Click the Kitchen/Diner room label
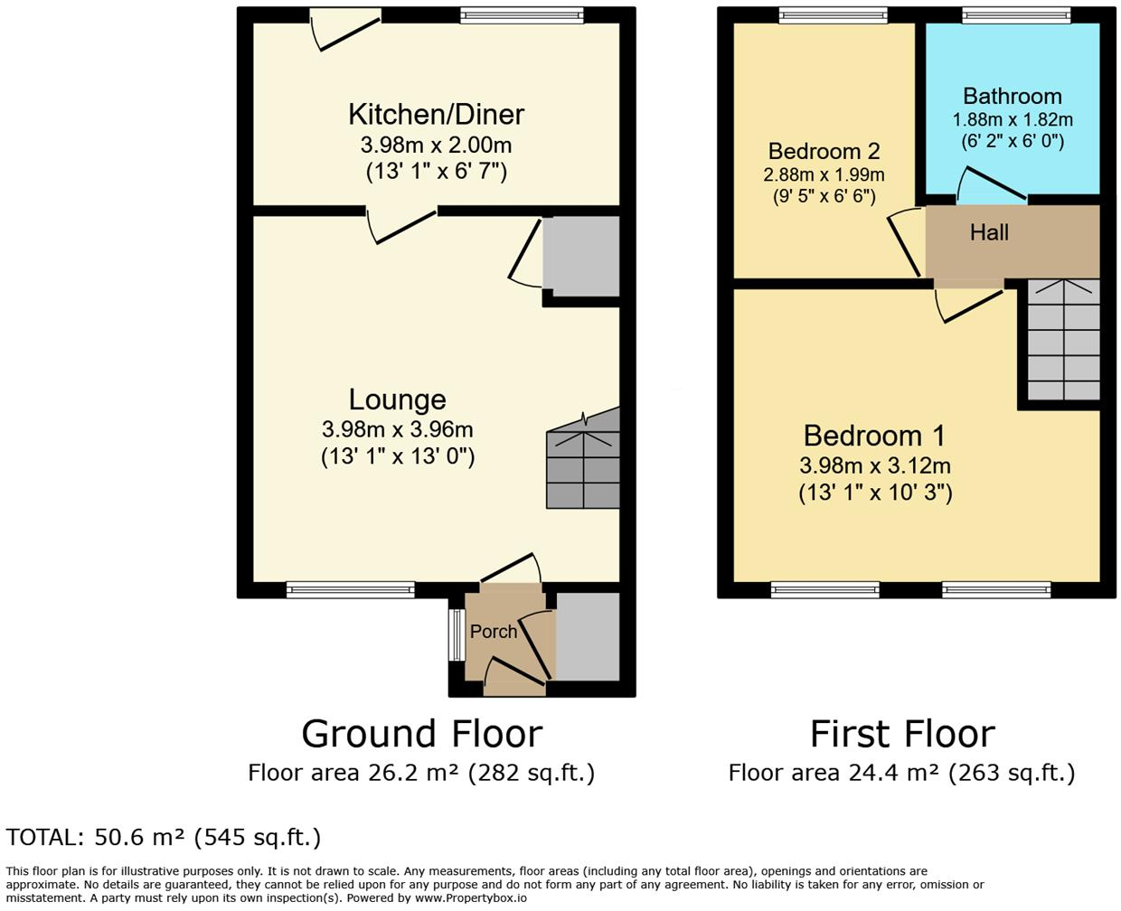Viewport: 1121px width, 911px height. [x=436, y=115]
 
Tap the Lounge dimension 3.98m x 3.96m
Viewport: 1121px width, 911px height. [x=397, y=429]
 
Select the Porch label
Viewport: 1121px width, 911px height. [x=494, y=631]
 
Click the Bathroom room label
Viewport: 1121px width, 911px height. [x=1012, y=96]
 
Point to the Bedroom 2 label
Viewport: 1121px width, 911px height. [x=824, y=151]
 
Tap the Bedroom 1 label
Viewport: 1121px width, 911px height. [x=874, y=436]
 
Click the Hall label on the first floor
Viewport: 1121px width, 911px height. [x=989, y=233]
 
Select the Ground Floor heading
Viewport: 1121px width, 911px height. [x=421, y=734]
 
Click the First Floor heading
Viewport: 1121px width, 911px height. [x=902, y=734]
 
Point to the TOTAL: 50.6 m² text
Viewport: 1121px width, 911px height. [x=164, y=837]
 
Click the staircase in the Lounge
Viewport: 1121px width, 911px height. [x=583, y=461]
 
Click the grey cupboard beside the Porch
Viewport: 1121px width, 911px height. [x=588, y=636]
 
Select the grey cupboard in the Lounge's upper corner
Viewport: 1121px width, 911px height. [x=581, y=256]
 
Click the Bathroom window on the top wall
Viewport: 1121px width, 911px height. [x=1016, y=14]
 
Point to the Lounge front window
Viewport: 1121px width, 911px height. [x=351, y=590]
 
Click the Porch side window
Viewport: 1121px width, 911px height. [x=456, y=638]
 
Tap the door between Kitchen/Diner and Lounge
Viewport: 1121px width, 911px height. [x=403, y=225]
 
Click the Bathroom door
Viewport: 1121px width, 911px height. [x=991, y=183]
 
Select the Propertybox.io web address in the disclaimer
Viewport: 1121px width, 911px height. [x=470, y=898]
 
